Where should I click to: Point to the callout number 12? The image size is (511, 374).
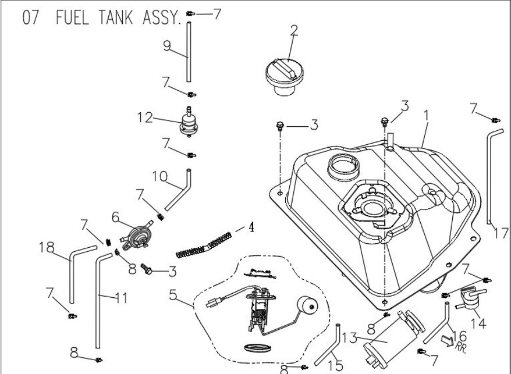click(145, 118)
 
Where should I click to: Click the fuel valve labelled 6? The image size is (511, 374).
click(137, 232)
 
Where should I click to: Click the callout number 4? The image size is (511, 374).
click(251, 226)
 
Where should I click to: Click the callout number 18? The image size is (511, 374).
click(48, 247)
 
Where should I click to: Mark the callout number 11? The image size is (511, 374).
click(121, 299)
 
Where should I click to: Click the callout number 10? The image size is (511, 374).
click(160, 176)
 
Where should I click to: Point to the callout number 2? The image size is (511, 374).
click(294, 30)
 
